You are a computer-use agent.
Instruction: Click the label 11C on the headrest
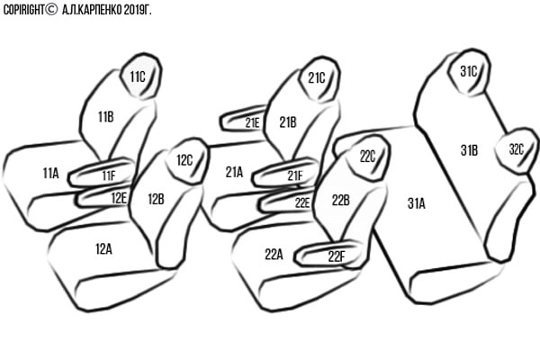tap(138, 77)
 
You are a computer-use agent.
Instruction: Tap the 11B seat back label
tap(105, 117)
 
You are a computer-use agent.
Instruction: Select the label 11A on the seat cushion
tap(50, 174)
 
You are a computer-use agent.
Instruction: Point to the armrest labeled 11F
tap(102, 172)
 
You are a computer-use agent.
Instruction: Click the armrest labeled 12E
tap(103, 197)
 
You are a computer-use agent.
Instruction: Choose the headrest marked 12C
tap(187, 161)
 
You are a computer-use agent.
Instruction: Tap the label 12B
tap(156, 199)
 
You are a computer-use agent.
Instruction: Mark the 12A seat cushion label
tap(103, 249)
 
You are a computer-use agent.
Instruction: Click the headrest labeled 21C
tap(319, 79)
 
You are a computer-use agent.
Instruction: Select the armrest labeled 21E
tap(243, 119)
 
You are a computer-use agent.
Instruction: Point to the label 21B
tap(288, 122)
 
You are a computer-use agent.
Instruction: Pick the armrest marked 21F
tap(285, 172)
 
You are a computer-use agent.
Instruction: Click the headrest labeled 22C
tap(368, 157)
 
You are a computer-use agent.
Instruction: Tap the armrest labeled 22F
tap(328, 254)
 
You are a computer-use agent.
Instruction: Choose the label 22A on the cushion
tap(274, 255)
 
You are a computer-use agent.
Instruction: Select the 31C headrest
tap(469, 72)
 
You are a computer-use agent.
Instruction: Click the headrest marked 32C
tap(517, 150)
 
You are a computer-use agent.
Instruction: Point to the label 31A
tap(417, 203)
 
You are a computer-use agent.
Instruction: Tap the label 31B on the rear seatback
tap(469, 150)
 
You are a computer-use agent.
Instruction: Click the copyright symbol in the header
tap(51, 9)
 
